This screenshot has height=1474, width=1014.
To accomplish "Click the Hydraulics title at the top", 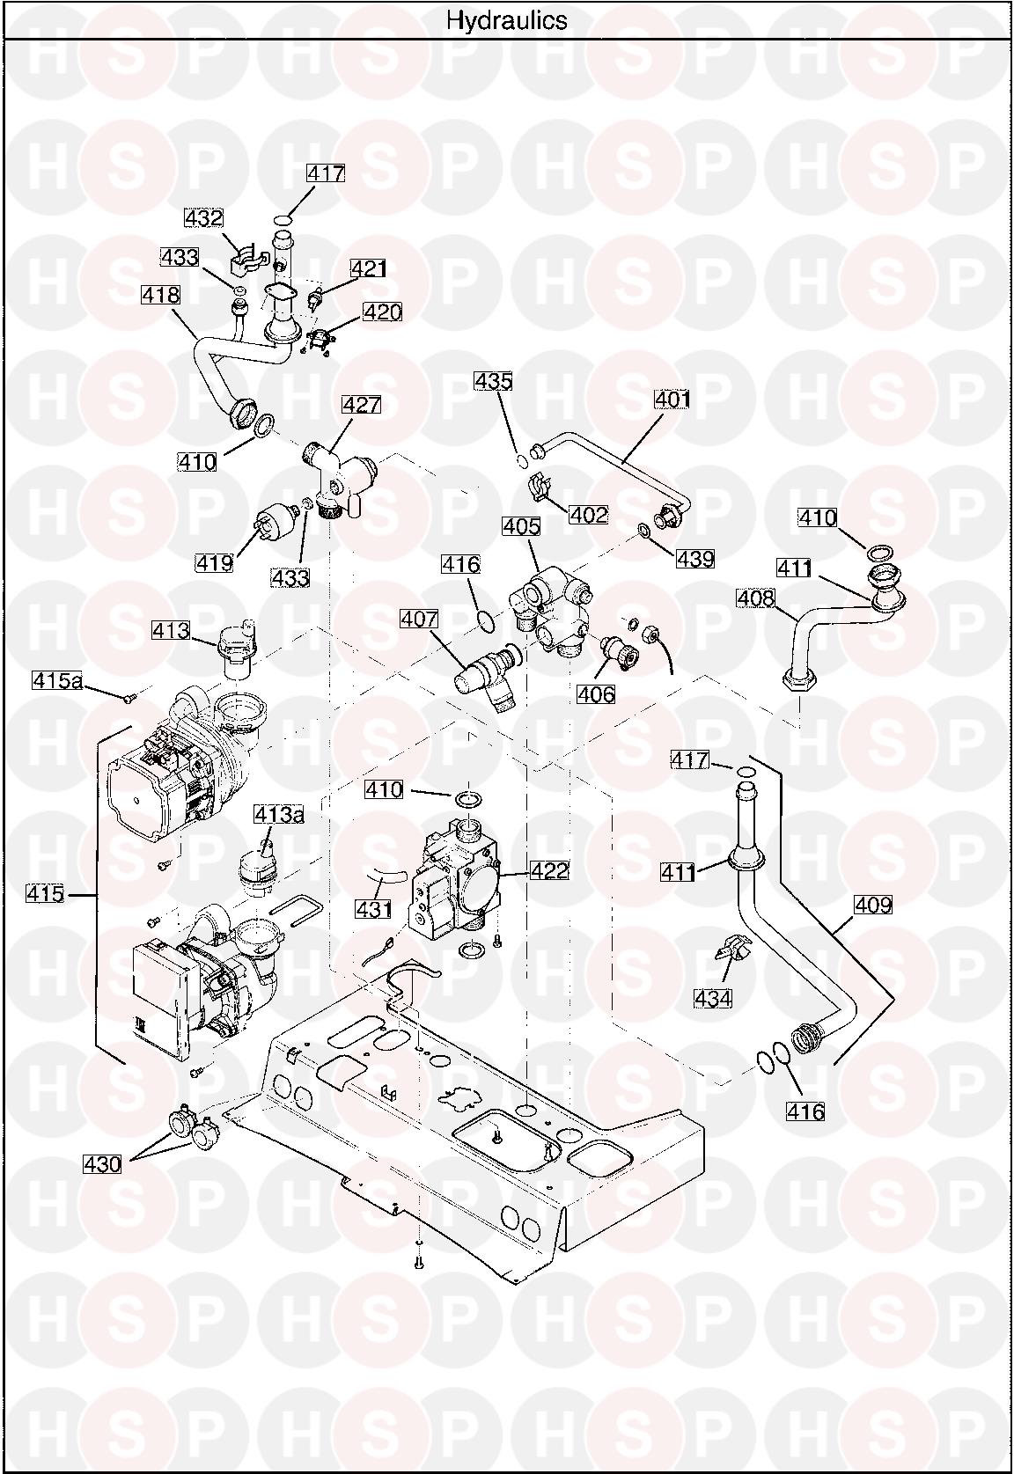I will tap(506, 19).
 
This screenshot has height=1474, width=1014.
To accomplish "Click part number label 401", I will tap(672, 400).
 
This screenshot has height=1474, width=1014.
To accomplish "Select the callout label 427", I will tap(361, 405).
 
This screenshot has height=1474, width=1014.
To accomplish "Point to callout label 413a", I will tap(279, 815).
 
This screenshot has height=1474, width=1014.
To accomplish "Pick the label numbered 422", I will tap(549, 871).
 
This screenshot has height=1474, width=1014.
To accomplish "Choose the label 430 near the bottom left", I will tap(102, 1163).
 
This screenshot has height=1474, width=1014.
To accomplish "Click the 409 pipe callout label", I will tap(872, 904).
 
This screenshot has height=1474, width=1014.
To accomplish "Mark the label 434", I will tap(713, 998).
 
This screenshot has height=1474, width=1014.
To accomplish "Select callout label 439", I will tap(695, 558).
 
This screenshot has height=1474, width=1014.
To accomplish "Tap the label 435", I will tap(493, 381).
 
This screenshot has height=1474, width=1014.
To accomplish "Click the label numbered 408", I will tap(755, 599).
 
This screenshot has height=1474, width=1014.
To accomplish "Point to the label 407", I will tap(419, 620).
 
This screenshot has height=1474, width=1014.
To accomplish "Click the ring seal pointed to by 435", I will tap(522, 458).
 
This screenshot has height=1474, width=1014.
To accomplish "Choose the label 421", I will tap(369, 268).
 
